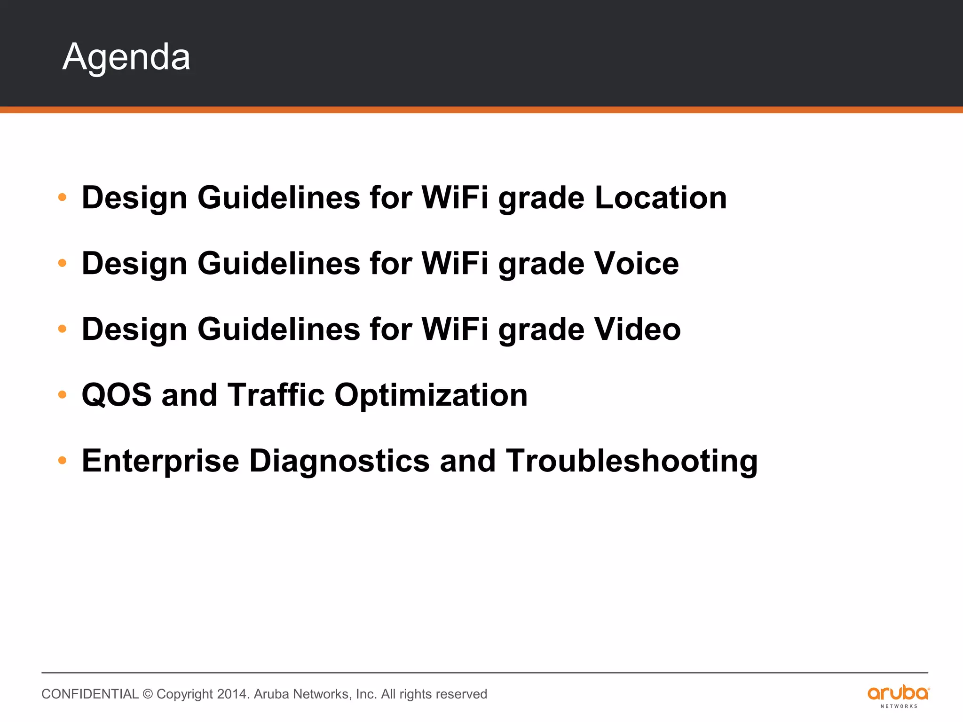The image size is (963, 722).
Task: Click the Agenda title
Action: click(x=126, y=57)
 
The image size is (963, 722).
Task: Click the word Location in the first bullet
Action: click(x=661, y=197)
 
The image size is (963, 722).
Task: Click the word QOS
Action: click(x=117, y=395)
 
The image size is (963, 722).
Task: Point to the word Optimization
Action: click(x=431, y=395)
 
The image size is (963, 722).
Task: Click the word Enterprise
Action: click(x=160, y=461)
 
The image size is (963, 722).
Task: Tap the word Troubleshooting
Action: click(x=631, y=461)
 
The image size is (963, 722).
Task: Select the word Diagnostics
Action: click(x=339, y=461)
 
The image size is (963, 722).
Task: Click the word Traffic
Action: click(x=276, y=395)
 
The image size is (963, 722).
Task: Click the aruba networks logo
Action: click(x=898, y=696)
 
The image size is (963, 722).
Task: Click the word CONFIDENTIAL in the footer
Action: click(x=90, y=694)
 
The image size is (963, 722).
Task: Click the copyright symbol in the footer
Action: click(x=148, y=694)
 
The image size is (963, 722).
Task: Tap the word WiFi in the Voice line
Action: click(x=455, y=263)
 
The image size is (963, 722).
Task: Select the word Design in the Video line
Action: click(x=134, y=329)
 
